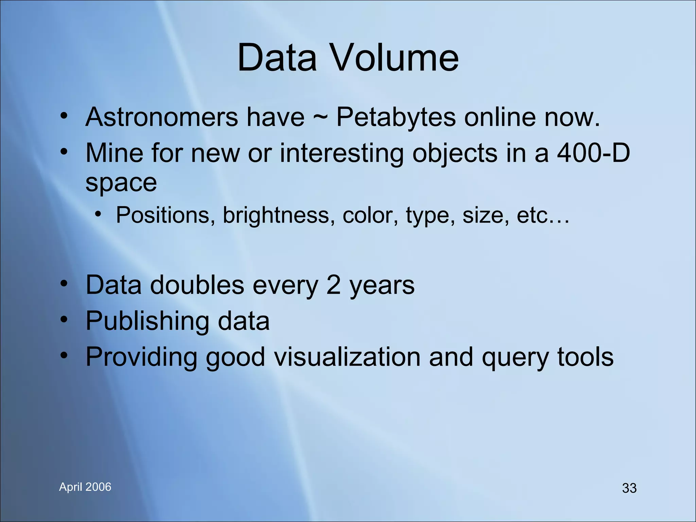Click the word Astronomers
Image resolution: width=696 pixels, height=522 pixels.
tap(162, 117)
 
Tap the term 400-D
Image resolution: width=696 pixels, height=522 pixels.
tap(593, 153)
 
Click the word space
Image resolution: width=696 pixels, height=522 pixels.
tap(121, 183)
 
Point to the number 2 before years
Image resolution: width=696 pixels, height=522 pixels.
tap(333, 285)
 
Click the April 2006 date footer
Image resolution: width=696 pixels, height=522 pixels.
tap(85, 487)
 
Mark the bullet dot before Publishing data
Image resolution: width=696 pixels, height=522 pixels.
tap(64, 319)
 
